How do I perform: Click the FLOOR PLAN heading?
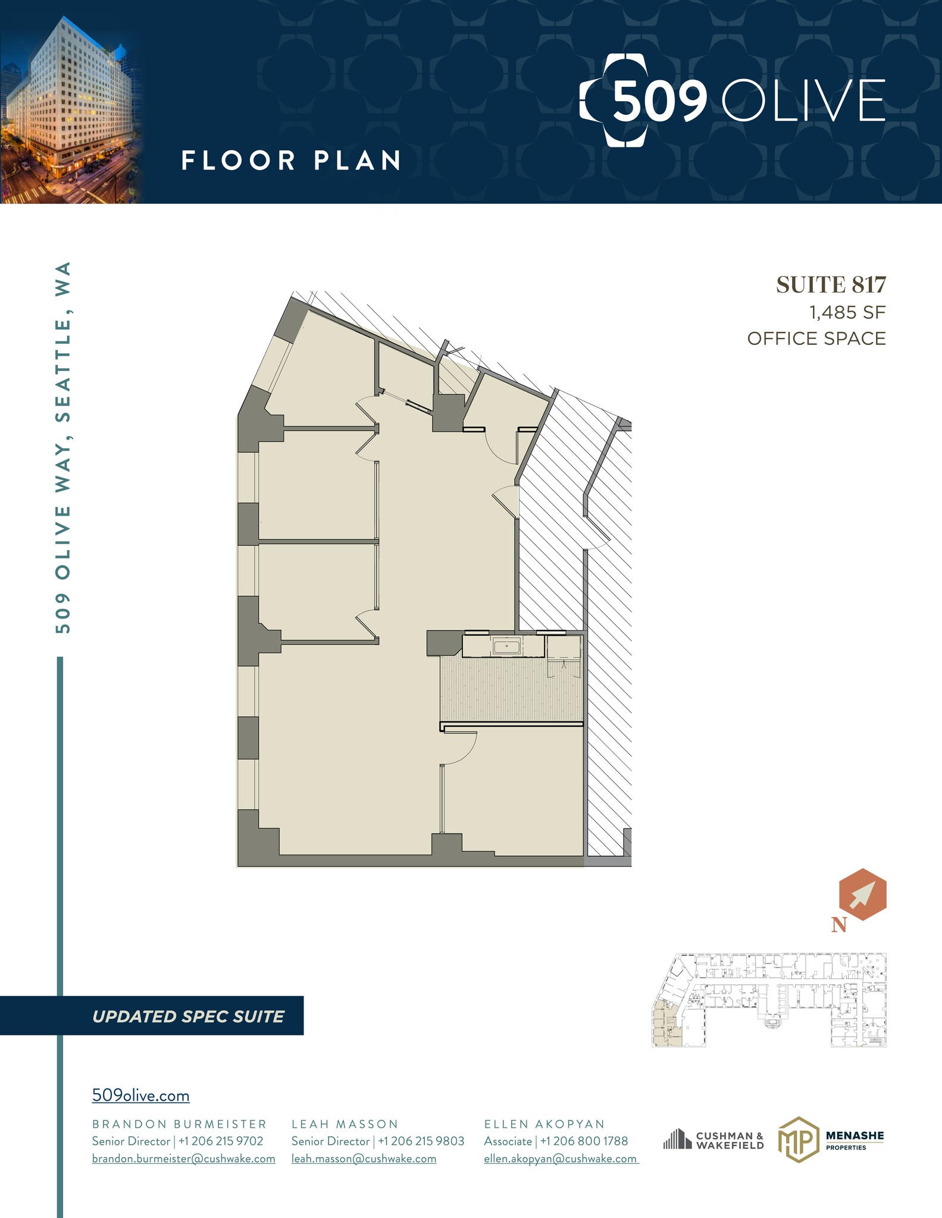[291, 161]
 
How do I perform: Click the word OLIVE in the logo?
[803, 101]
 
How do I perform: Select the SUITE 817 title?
[831, 285]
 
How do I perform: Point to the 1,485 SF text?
[847, 312]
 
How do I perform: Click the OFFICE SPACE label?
[816, 338]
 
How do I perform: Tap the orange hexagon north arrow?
[862, 894]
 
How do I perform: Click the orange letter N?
[838, 925]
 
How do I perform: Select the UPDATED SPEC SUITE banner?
[188, 1016]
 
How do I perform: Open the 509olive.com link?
[140, 1095]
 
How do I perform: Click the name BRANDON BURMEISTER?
[179, 1124]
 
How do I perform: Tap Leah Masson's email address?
[364, 1159]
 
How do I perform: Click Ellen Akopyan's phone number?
[584, 1141]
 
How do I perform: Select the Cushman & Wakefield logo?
[713, 1140]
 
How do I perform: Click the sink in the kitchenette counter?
[506, 645]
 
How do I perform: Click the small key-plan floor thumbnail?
[769, 1000]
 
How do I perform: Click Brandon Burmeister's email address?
[183, 1159]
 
